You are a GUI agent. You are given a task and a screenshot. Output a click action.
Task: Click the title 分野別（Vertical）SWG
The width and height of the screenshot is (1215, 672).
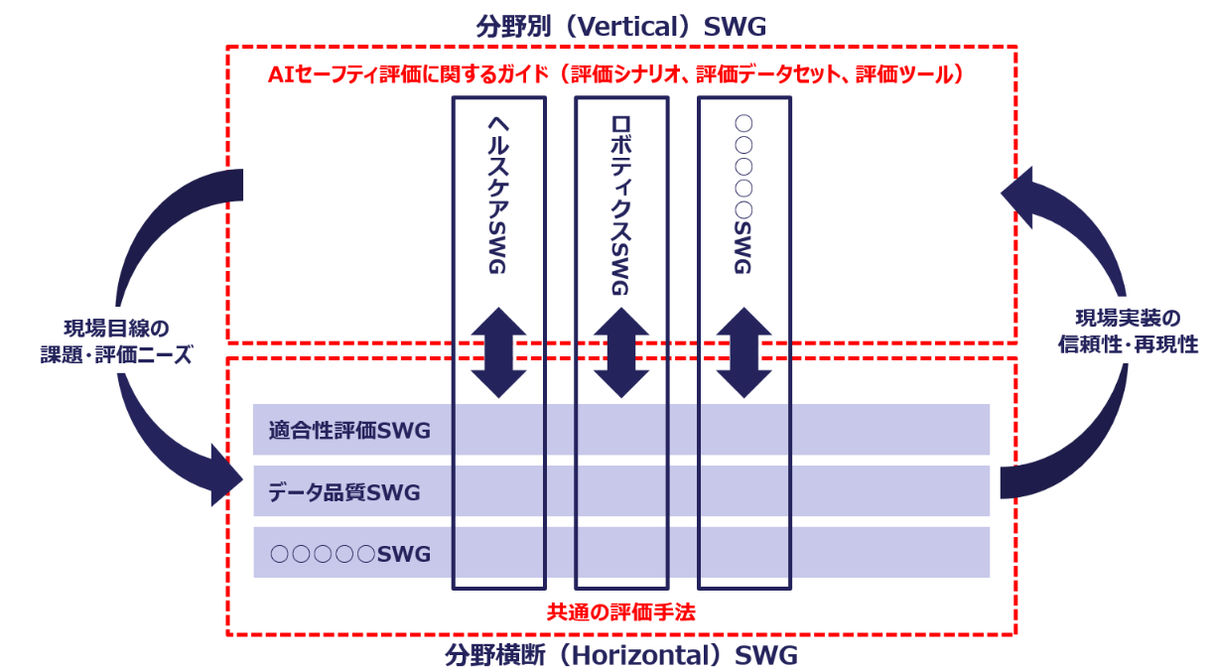coord(621,26)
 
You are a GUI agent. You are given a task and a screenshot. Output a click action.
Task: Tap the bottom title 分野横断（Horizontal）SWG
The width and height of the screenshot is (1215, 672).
coord(621,655)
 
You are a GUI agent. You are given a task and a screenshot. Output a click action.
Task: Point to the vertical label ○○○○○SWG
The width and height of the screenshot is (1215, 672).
coord(743,194)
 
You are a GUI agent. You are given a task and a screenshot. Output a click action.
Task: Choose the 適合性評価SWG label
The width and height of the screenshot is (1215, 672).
coord(348,431)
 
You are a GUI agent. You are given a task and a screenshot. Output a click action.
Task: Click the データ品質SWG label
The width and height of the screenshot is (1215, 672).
coord(344,492)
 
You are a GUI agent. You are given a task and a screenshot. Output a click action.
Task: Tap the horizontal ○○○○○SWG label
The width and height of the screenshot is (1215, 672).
coord(350,554)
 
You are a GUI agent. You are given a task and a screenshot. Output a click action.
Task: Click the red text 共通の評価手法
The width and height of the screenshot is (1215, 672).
coord(621,612)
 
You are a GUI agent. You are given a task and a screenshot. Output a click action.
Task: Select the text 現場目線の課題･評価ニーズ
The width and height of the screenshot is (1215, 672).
coord(127,341)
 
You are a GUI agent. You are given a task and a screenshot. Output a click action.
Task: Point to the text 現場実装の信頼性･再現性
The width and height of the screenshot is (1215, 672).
coord(1130,332)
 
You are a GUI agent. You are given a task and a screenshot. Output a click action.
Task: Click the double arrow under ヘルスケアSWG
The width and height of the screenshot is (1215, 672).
coord(498,353)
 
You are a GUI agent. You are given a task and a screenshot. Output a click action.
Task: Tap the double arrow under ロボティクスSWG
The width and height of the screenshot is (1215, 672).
coord(621,353)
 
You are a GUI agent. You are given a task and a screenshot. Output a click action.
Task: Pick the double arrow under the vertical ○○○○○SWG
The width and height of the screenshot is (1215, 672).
coord(743,353)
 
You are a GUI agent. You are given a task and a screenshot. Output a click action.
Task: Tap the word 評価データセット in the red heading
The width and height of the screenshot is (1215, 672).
coord(764,75)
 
